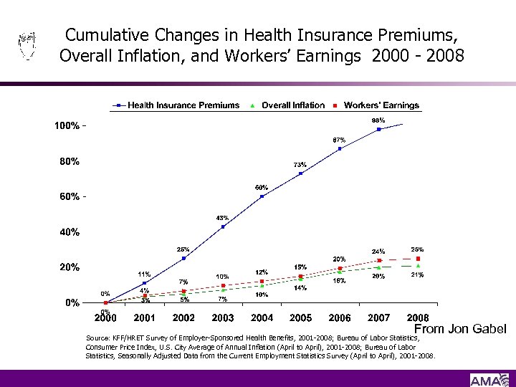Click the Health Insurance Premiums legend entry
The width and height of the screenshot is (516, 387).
pos(183,105)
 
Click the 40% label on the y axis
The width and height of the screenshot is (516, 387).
pos(69,232)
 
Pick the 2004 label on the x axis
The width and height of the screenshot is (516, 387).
pos(262,317)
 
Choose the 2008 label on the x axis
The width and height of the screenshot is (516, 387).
pos(418,317)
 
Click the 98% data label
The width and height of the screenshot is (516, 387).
pos(378,120)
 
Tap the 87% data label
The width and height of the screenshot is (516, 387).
pos(339,140)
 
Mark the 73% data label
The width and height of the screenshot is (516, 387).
pos(300,165)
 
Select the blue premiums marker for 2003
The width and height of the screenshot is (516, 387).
pos(223,226)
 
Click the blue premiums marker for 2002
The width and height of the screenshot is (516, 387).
pos(183,258)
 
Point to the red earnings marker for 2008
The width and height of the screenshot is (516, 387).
pos(418,259)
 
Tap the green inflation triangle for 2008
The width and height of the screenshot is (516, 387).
pos(418,265)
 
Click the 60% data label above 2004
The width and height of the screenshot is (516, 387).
pos(262,188)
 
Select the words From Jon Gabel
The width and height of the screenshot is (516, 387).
pos(460,329)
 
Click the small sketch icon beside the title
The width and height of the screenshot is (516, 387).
pos(27,47)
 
